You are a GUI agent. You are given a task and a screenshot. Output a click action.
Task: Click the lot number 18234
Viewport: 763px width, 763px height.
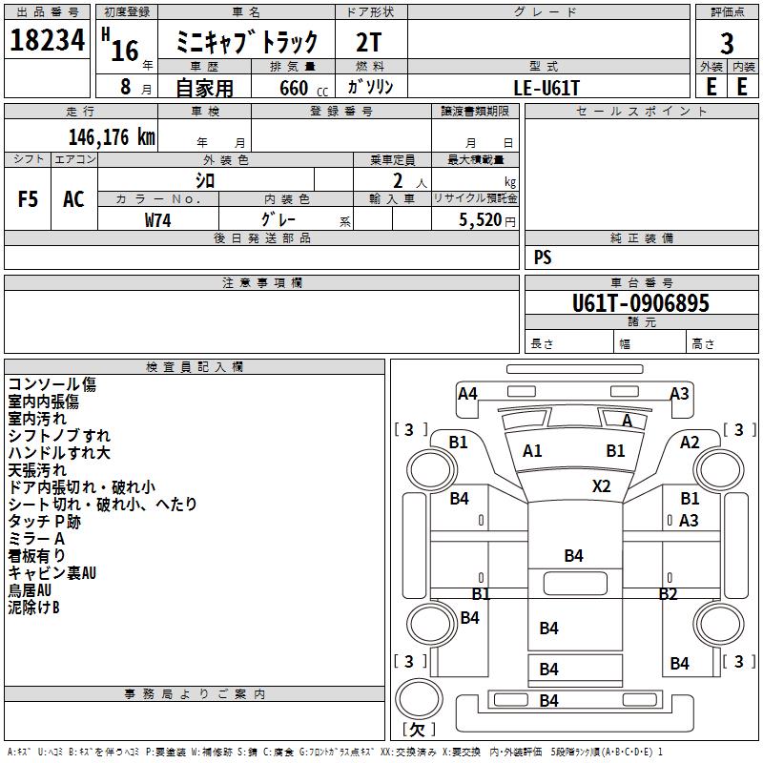tap(48, 40)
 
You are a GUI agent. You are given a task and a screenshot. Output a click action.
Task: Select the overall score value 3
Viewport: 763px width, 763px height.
tap(727, 43)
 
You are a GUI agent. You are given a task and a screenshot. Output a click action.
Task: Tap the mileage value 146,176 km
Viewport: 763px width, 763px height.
tap(112, 136)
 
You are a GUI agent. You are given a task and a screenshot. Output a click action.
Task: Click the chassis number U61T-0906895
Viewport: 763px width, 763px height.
tap(640, 303)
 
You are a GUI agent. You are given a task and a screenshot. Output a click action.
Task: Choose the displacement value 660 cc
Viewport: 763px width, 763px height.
tap(295, 88)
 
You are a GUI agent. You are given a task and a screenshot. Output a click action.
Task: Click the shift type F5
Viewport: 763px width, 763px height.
tap(29, 199)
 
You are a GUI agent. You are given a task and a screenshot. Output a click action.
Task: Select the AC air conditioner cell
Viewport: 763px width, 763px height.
tap(73, 199)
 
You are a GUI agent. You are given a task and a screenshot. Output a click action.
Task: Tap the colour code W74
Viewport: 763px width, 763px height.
tap(158, 219)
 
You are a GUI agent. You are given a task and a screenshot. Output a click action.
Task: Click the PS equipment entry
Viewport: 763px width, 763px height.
tap(543, 258)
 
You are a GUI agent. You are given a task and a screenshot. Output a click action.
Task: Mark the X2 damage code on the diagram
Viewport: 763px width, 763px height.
tap(601, 485)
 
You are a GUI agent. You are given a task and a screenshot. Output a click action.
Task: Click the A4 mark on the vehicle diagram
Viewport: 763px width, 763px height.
tap(467, 394)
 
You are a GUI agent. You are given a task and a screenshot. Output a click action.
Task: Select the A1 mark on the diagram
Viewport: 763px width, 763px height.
tap(532, 451)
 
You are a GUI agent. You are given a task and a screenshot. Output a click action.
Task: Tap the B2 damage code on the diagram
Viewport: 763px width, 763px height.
tap(668, 594)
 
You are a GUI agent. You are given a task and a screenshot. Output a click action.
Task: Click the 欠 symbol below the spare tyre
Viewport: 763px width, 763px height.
tap(416, 730)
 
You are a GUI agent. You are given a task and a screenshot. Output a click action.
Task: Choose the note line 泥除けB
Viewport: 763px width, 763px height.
tap(34, 608)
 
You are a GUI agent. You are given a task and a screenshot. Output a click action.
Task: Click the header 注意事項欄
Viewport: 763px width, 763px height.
tap(261, 283)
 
